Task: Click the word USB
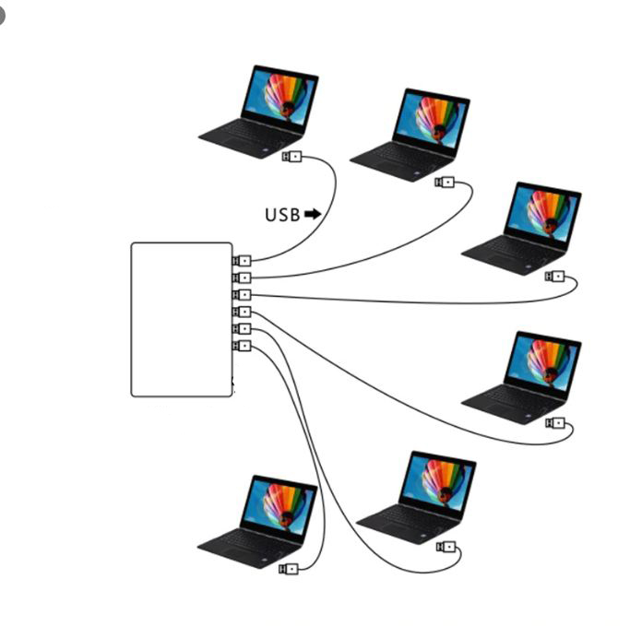tap(282, 215)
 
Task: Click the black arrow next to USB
tap(313, 214)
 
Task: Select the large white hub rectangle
tap(182, 319)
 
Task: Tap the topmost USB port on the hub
tap(243, 261)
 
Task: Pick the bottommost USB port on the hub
tap(243, 346)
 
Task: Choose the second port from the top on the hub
tap(243, 278)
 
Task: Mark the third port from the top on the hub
tap(243, 295)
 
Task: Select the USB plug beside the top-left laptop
tap(291, 157)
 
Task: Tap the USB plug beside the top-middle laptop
tap(445, 182)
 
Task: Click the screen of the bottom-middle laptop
tap(436, 480)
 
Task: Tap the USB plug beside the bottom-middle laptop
tap(446, 547)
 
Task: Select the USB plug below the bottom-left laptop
tap(289, 569)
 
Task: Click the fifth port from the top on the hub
tap(243, 329)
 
